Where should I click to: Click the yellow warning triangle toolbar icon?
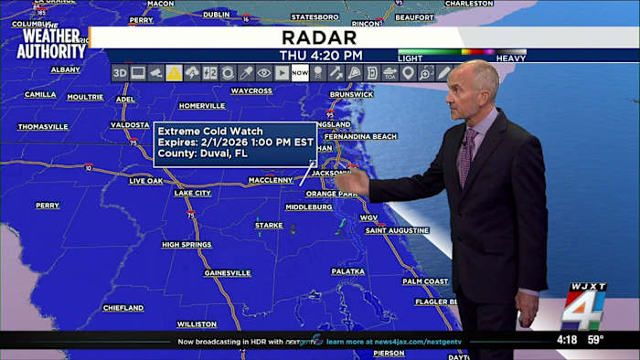[174, 73]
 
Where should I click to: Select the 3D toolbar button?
[120, 73]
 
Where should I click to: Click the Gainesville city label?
[228, 273]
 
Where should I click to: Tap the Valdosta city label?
[129, 125]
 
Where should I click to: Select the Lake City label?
[192, 194]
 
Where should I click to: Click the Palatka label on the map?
[347, 271]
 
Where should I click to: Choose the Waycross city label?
[251, 91]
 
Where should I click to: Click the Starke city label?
[269, 225]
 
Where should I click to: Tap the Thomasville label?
[43, 127]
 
